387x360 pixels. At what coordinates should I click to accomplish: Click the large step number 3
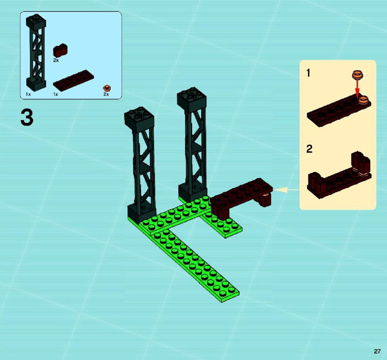coord(27,118)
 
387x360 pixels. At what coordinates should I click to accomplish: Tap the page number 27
coord(377,352)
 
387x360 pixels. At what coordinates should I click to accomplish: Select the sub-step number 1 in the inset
coord(308,73)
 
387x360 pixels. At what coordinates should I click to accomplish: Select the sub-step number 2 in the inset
coord(309,149)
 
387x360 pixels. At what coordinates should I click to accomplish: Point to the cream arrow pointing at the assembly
coord(287,190)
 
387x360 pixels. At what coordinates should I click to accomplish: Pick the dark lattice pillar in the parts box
coord(36,52)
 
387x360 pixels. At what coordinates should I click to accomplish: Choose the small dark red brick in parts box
coord(60,51)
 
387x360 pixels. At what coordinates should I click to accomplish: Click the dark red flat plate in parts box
coord(73,80)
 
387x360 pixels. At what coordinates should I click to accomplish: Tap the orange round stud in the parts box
coord(107,88)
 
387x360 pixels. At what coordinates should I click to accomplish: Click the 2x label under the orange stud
coord(106,94)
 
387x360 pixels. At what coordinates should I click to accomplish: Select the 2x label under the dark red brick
coord(56,60)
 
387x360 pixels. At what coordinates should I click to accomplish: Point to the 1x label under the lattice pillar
coord(28,94)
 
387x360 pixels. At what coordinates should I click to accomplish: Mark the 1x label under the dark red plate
coord(56,94)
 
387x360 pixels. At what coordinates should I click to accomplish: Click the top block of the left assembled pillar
coord(139,120)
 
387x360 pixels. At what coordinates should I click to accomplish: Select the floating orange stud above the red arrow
coord(358,75)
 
